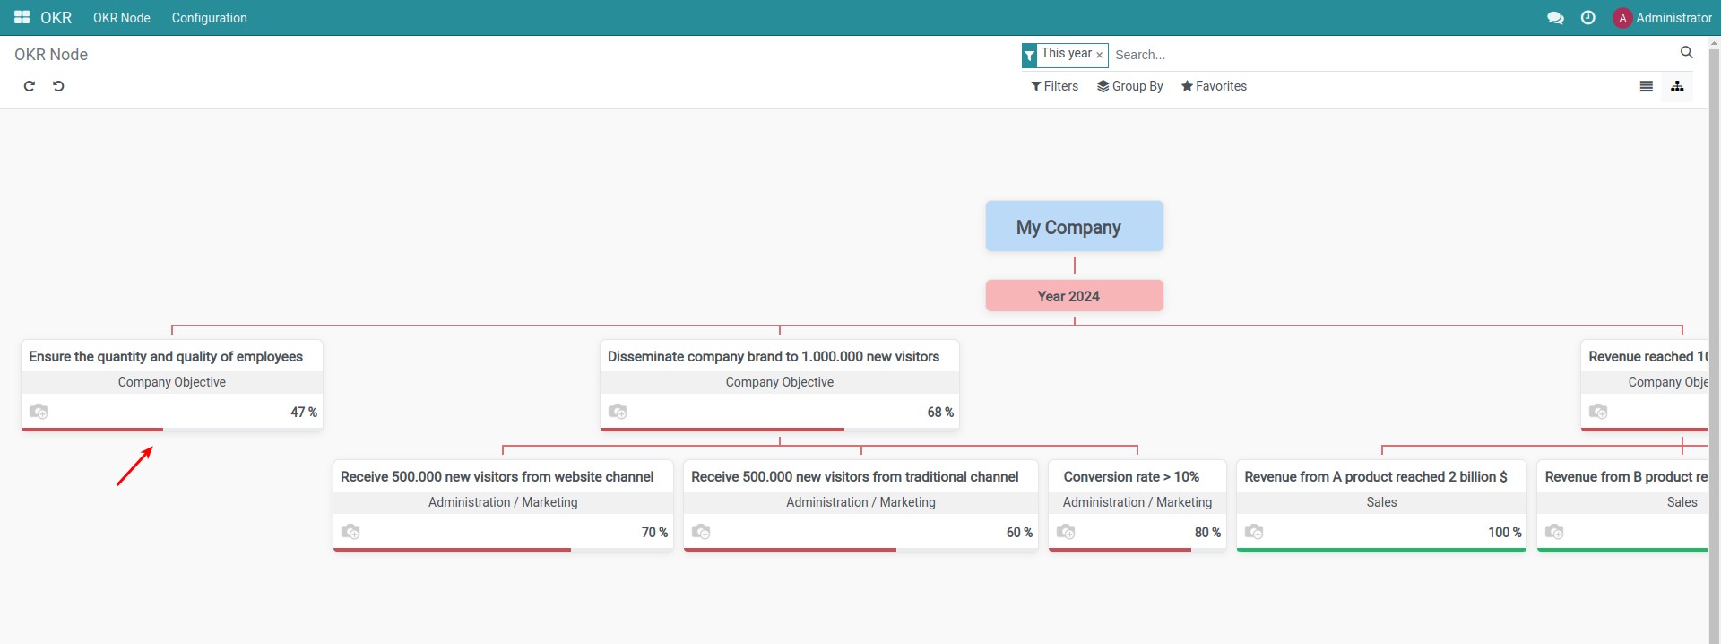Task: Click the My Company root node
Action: [1074, 226]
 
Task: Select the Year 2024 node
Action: [1074, 296]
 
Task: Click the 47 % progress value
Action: [303, 413]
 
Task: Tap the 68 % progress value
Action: [939, 413]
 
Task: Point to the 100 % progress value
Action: [1504, 533]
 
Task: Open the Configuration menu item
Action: [209, 18]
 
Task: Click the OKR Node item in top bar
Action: [122, 18]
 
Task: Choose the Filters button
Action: [1054, 86]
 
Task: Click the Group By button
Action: [1129, 86]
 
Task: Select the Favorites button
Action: [1214, 86]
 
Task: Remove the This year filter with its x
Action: [1100, 56]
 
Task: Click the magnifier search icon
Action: [1686, 53]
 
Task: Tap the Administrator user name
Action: [1673, 18]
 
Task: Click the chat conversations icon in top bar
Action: [1555, 18]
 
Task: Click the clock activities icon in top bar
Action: [1587, 18]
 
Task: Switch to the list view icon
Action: [1646, 86]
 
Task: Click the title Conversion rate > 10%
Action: [1130, 477]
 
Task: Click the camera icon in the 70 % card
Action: [350, 532]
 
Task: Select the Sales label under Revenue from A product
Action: [1381, 502]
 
